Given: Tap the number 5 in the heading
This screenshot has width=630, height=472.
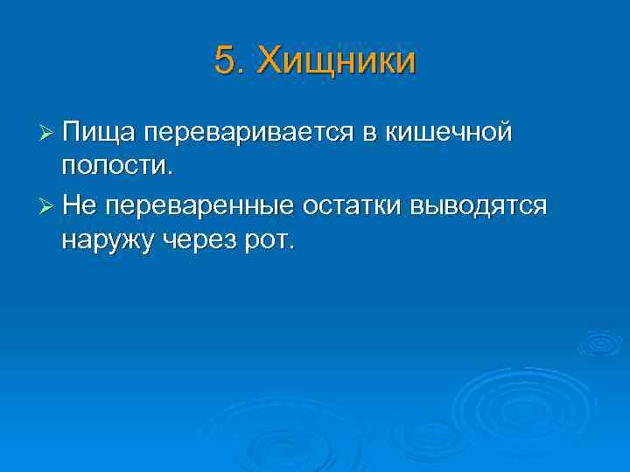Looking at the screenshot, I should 224,62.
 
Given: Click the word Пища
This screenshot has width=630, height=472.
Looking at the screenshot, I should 97,133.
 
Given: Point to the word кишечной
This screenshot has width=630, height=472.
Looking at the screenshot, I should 446,133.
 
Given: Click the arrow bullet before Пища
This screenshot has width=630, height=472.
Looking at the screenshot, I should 47,134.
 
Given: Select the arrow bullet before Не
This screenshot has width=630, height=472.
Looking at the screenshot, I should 47,207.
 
